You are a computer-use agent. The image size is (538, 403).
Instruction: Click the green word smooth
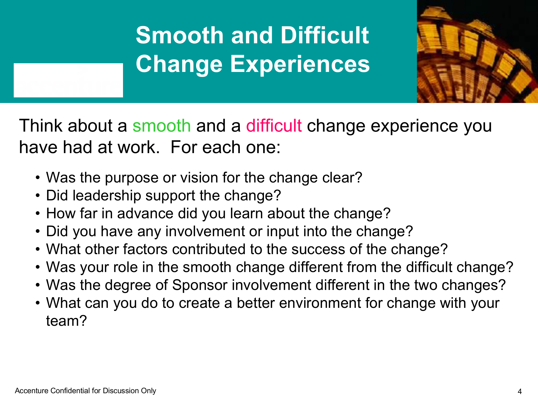point(162,125)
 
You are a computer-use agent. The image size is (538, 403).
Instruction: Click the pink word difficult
point(274,125)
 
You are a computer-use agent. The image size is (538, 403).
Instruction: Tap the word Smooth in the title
point(180,35)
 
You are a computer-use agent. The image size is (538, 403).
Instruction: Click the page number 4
point(520,392)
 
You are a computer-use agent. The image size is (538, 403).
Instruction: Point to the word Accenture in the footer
point(32,391)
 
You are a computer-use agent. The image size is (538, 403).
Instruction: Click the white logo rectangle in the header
point(68,80)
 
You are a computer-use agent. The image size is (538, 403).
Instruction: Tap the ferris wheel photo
point(477,51)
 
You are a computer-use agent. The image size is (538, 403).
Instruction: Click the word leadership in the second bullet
point(107,195)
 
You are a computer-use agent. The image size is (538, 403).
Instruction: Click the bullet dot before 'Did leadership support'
point(38,196)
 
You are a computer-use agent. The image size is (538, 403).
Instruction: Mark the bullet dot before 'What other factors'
point(38,250)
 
